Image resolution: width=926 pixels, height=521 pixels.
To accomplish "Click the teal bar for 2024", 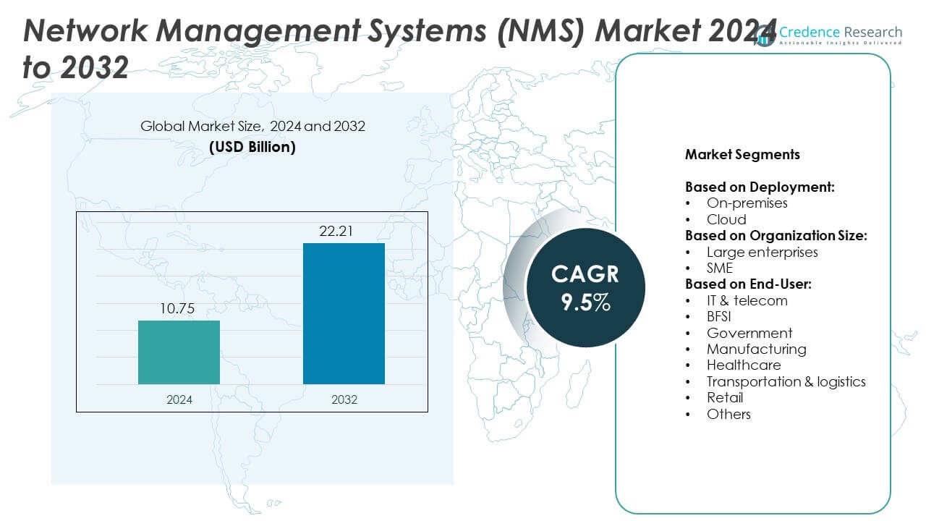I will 179,352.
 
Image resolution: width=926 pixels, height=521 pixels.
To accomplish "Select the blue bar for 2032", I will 344,313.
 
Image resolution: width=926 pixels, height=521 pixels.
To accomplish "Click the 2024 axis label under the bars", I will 179,399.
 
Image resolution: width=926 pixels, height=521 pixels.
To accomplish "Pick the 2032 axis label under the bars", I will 344,399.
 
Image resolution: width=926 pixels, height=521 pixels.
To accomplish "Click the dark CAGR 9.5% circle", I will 585,287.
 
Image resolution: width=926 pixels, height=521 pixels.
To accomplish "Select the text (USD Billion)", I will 252,147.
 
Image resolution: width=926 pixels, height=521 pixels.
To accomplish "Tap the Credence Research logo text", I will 839,32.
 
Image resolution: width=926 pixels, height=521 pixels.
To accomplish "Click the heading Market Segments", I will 742,154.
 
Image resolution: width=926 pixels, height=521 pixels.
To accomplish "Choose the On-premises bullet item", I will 747,203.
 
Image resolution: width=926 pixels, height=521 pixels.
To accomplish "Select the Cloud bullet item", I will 726,219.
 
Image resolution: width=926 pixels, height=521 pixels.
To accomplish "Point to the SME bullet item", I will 720,268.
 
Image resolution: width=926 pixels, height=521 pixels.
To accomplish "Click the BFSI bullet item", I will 720,316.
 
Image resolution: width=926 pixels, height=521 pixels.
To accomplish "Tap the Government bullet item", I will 749,333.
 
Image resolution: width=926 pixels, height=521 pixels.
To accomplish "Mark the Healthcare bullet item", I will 744,365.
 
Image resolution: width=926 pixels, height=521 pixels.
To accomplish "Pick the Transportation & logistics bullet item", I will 786,381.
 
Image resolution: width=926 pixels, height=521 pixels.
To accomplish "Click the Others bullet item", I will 729,414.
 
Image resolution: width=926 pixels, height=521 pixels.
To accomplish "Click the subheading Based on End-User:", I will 748,284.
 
